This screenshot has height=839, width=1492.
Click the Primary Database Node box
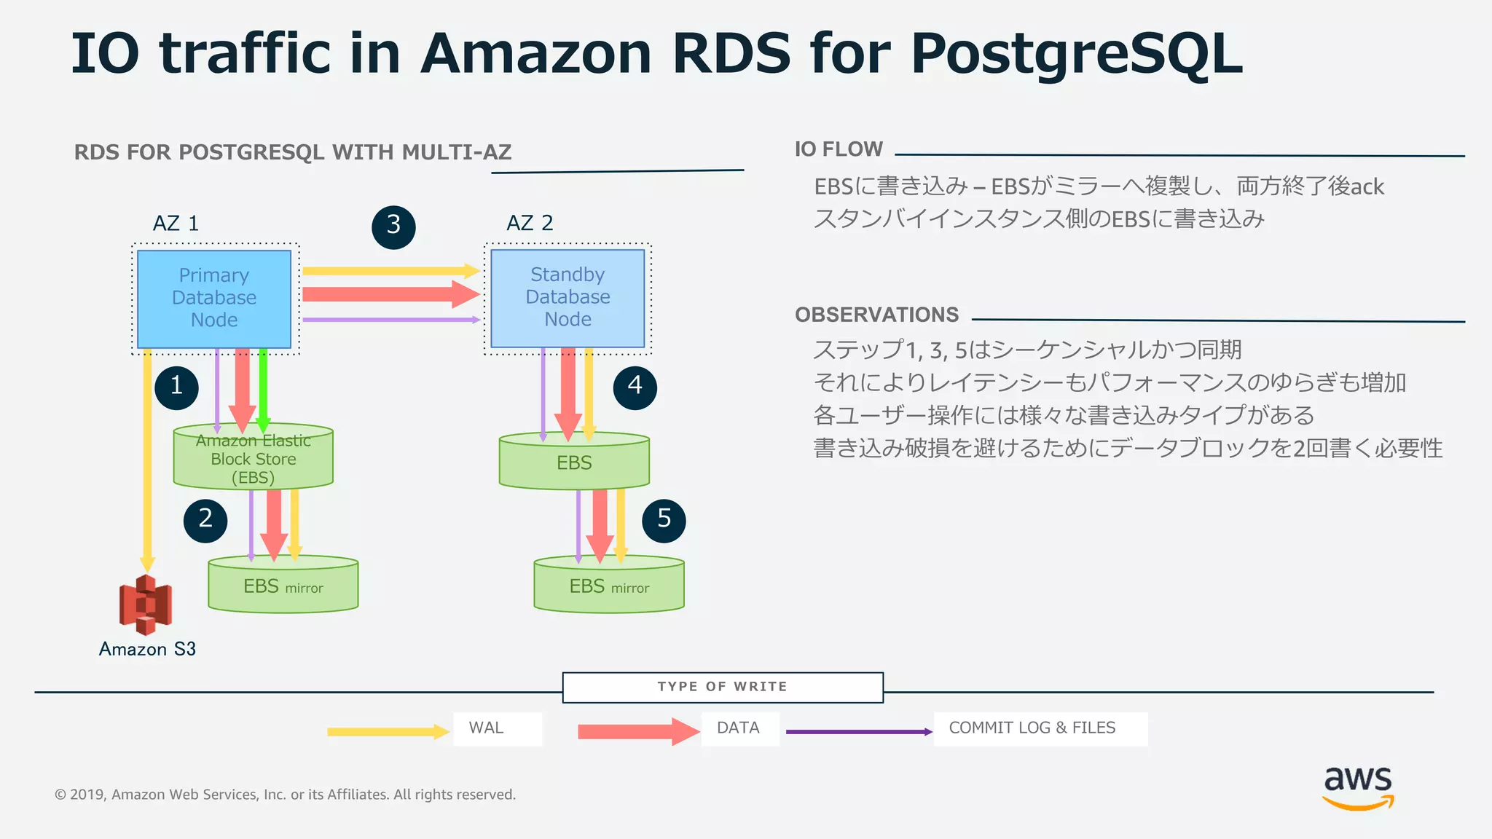pyautogui.click(x=213, y=299)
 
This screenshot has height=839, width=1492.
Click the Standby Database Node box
pyautogui.click(x=568, y=298)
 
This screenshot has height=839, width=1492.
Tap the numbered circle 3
pyautogui.click(x=393, y=227)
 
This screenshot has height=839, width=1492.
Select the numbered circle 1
pyautogui.click(x=176, y=387)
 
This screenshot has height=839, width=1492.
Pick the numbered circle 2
pyautogui.click(x=205, y=520)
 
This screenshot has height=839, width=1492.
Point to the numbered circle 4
pyautogui.click(x=635, y=387)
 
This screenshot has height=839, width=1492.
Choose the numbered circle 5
pyautogui.click(x=664, y=520)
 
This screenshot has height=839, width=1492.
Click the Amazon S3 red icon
pyautogui.click(x=146, y=604)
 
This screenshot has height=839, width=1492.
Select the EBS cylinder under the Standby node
pyautogui.click(x=574, y=463)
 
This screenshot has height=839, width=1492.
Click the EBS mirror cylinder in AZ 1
pyautogui.click(x=283, y=586)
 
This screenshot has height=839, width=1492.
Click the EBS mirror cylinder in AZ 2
pyautogui.click(x=609, y=586)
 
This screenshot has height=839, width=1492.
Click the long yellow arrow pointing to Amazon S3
pyautogui.click(x=147, y=459)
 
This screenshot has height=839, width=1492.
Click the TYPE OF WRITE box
pyautogui.click(x=722, y=687)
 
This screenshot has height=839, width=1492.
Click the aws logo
pyautogui.click(x=1357, y=787)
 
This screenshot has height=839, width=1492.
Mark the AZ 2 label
pyautogui.click(x=530, y=223)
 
